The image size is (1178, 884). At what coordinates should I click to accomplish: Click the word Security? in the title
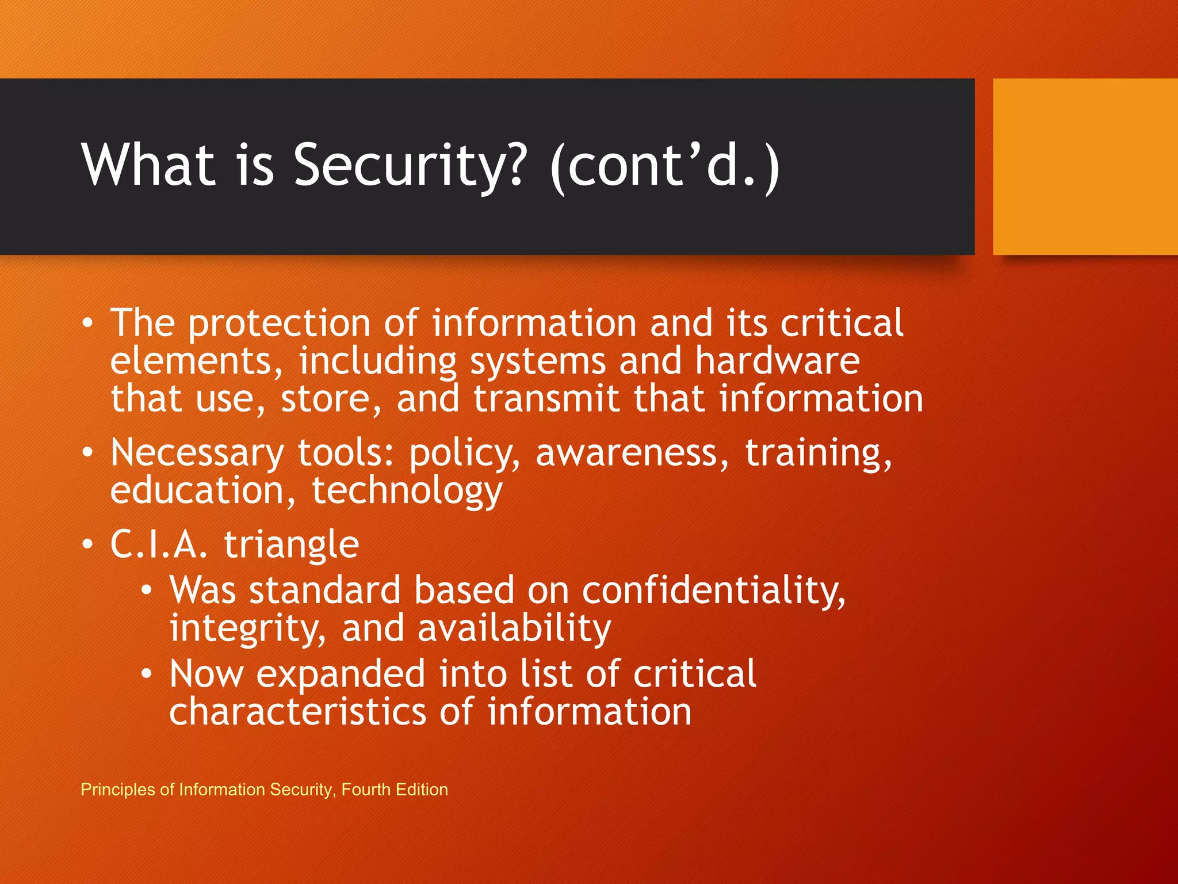pyautogui.click(x=410, y=166)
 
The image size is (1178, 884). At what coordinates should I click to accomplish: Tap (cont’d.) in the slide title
pyautogui.click(x=664, y=167)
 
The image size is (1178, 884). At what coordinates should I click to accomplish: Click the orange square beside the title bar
pyautogui.click(x=1085, y=167)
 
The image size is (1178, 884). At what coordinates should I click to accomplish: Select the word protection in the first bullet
pyautogui.click(x=279, y=324)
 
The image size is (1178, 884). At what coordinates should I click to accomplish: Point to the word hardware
pyautogui.click(x=777, y=361)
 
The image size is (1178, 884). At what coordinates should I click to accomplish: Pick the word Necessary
pyautogui.click(x=197, y=454)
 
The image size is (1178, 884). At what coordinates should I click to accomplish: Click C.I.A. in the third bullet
pyautogui.click(x=159, y=544)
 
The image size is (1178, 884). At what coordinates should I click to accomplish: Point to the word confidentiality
pyautogui.click(x=713, y=592)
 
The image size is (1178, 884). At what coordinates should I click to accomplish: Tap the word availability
pyautogui.click(x=514, y=628)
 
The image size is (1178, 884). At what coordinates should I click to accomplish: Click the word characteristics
pyautogui.click(x=297, y=712)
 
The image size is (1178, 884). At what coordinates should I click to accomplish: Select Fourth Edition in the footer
pyautogui.click(x=395, y=790)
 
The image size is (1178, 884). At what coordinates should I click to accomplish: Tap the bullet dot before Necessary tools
pyautogui.click(x=87, y=453)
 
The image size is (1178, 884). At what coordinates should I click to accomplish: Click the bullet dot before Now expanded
pyautogui.click(x=147, y=673)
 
